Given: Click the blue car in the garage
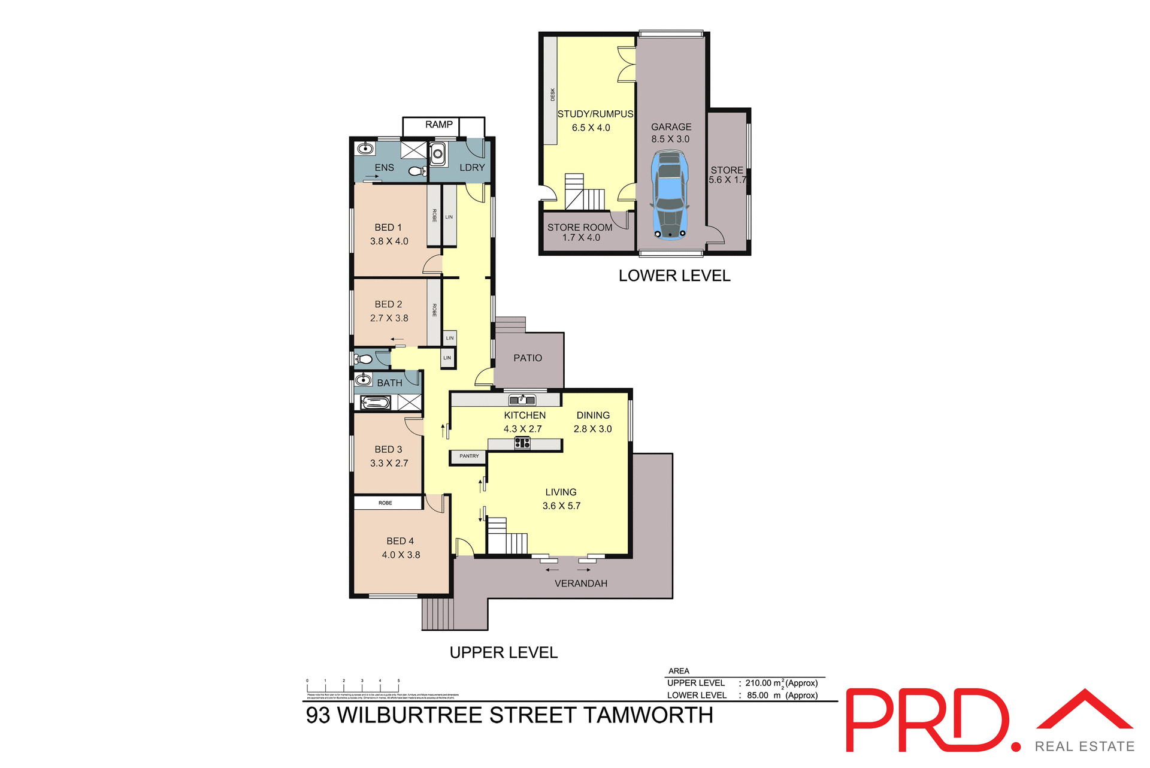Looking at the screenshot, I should pos(670,195).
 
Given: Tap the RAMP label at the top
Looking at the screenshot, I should pos(439,125).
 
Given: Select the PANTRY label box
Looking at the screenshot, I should pos(468,456).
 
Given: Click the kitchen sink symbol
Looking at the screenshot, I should pos(522,400).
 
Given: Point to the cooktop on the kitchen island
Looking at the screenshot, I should pos(522,443).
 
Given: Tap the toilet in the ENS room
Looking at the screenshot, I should pos(416,171).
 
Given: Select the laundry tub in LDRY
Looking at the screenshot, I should pos(438,155).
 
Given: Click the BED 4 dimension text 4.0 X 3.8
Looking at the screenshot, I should pos(401,555).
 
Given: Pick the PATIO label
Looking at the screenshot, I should pos(528,358).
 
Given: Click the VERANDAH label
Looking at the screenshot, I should pos(580,583).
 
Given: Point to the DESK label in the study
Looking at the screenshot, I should pos(552,95).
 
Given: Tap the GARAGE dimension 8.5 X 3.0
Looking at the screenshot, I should pos(670,139).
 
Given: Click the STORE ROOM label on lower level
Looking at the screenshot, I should pos(579,228).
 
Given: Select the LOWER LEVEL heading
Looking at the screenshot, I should pos(674,276).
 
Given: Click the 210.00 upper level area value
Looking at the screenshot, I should pos(758,683).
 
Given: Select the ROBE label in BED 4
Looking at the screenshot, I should pos(385,503).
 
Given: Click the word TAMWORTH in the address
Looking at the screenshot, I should pos(647,715).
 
